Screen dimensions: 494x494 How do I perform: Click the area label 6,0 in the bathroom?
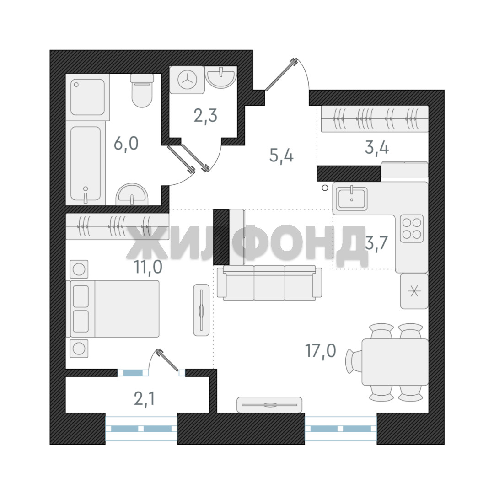126,144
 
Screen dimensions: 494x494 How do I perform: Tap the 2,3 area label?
205,116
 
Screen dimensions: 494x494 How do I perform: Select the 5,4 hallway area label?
281,155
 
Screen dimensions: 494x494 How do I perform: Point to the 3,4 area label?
377,147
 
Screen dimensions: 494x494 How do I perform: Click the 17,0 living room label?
320,350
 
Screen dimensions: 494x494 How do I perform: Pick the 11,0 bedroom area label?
148,267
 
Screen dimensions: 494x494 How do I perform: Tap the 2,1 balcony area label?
144,399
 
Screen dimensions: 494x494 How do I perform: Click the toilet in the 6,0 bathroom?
142,91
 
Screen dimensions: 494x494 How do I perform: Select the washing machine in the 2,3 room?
187,80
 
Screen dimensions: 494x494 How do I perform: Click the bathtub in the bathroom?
86,163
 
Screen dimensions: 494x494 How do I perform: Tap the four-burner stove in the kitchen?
412,229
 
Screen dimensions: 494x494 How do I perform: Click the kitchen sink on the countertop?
351,199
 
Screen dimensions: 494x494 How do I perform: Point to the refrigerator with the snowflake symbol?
414,291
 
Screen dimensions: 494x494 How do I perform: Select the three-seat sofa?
269,283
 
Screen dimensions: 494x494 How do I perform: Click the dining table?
395,362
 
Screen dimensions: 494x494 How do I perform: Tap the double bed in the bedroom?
113,309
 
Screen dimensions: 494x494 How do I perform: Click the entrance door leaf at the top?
281,75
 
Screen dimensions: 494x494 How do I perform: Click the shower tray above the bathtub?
87,97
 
